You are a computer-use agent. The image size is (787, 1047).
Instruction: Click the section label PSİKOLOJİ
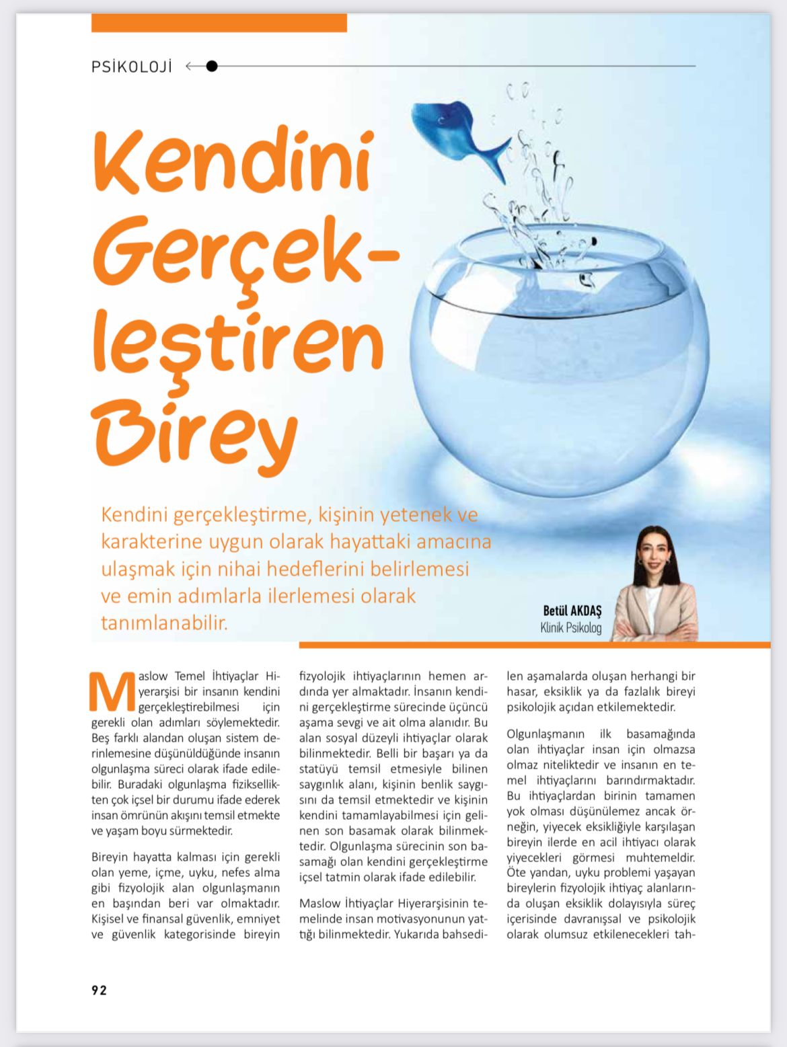(x=132, y=67)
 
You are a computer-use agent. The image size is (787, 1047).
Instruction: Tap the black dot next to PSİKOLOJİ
(x=212, y=66)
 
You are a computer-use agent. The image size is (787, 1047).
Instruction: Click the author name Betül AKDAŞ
(x=572, y=611)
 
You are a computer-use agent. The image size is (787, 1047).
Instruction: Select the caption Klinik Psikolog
(x=571, y=628)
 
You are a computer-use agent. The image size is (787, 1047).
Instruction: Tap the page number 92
(x=99, y=990)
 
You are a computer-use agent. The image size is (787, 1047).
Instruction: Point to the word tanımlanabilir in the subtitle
(x=164, y=623)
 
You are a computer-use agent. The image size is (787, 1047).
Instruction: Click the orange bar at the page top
(x=219, y=23)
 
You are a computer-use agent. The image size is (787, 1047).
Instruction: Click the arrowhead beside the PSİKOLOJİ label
(x=190, y=66)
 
